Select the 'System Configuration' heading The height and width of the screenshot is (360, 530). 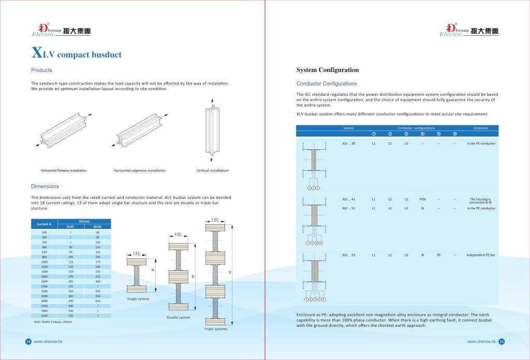pyautogui.click(x=327, y=70)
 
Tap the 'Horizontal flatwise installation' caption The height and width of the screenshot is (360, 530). pyautogui.click(x=64, y=170)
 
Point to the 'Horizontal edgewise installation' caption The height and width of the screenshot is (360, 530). pyautogui.click(x=140, y=170)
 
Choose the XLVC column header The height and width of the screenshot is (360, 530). pyautogui.click(x=70, y=226)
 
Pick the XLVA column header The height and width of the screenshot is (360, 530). pyautogui.click(x=97, y=226)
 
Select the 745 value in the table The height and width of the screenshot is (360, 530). pyautogui.click(x=70, y=315)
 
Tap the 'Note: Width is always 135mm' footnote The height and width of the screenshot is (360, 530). pyautogui.click(x=53, y=322)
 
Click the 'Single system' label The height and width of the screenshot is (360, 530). pyautogui.click(x=138, y=299)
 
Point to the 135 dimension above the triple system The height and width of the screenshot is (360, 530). pyautogui.click(x=214, y=220)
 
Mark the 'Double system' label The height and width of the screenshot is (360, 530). pyautogui.click(x=178, y=317)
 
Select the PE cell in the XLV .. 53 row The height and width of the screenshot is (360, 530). pyautogui.click(x=438, y=255)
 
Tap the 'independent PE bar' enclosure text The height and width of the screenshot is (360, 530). pyautogui.click(x=480, y=255)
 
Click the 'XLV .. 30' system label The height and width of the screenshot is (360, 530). pyautogui.click(x=349, y=143)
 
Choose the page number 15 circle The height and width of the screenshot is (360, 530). pyautogui.click(x=502, y=341)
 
